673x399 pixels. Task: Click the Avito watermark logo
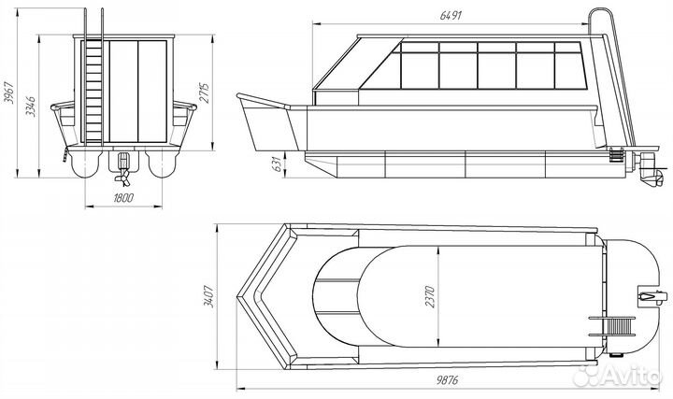tap(624, 376)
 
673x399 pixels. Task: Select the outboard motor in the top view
tap(649, 298)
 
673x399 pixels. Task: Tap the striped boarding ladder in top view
tap(613, 327)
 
